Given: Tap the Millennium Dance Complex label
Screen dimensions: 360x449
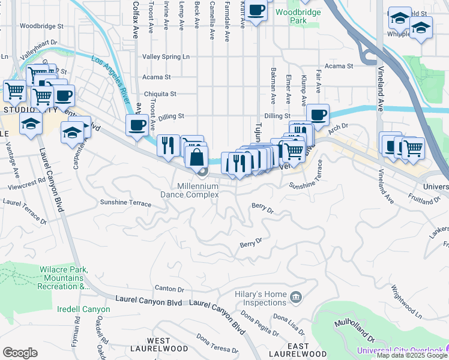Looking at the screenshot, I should coord(190,190).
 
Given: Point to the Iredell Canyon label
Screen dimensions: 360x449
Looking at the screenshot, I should coord(84,310).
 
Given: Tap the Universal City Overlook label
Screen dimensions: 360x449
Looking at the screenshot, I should coord(402,350).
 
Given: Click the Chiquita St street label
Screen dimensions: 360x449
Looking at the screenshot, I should coord(160,94).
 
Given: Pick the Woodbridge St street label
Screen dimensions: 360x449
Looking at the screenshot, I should coord(41,26).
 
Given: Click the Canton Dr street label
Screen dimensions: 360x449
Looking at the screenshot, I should coord(169,289).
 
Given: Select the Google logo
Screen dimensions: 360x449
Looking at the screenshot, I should coord(20,353).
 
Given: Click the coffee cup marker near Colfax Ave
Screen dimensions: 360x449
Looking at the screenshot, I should coord(137,125).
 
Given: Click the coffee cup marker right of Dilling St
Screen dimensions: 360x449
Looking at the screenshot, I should coord(318,114).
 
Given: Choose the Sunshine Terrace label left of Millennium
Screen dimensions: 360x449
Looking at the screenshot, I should coord(125,203).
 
